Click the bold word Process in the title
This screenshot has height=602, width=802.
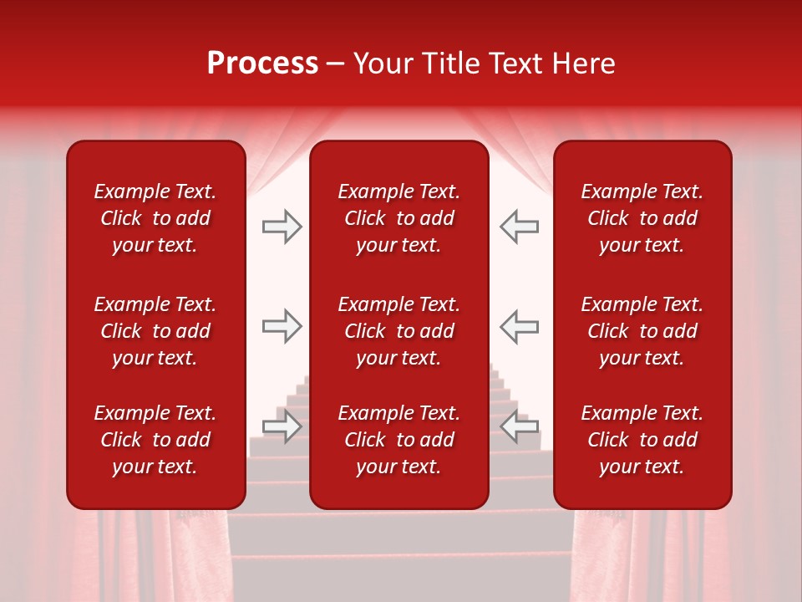coord(262,64)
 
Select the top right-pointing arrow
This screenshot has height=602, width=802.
coord(282,227)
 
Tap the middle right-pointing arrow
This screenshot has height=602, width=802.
coord(282,327)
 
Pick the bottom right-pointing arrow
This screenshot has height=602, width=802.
coord(282,426)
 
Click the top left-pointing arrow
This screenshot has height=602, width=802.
coord(519,227)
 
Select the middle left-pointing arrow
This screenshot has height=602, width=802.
coord(519,327)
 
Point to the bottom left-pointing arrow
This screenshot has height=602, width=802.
coord(519,426)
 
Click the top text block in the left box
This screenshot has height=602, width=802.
coord(155,218)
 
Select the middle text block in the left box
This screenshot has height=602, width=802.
coord(155,331)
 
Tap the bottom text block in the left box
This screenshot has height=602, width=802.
coord(155,440)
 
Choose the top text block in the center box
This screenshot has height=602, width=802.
coord(398,218)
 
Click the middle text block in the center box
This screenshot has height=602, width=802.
coord(398,331)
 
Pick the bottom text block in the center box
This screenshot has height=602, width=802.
coord(398,440)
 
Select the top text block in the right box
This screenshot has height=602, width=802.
coord(642,218)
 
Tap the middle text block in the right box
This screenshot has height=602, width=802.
coord(642,331)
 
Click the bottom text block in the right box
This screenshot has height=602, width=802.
coord(642,440)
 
